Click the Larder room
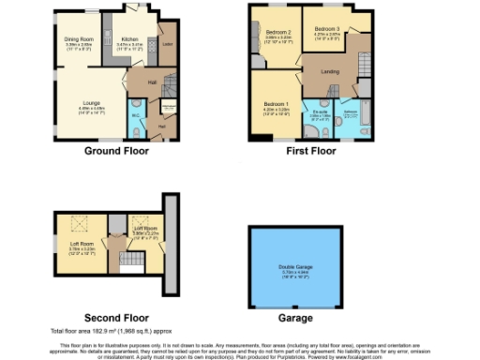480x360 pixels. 167,44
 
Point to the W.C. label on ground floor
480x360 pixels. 135,117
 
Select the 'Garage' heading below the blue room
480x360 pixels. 296,318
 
